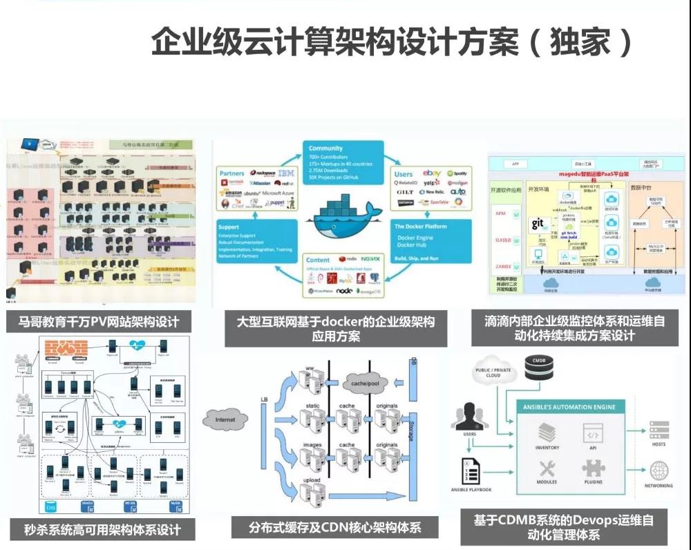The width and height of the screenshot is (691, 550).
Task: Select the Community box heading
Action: click(326, 149)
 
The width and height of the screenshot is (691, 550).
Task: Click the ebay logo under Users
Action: click(431, 173)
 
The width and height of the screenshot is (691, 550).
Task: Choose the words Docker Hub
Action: click(414, 245)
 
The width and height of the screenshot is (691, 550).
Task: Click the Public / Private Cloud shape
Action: click(492, 371)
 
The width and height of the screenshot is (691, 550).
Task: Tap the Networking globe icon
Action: click(659, 471)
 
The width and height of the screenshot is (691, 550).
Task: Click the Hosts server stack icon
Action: click(659, 429)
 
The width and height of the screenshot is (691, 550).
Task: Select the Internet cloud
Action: click(225, 419)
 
